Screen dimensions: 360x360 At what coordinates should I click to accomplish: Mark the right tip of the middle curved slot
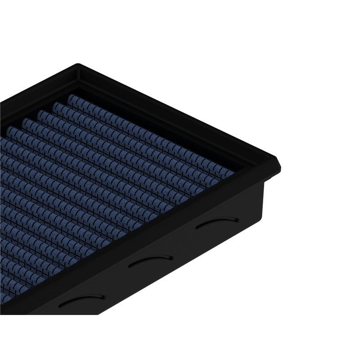pos(171,257)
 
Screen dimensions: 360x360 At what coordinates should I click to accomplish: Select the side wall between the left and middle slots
pos(115,281)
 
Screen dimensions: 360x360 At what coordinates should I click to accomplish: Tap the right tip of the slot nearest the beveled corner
pos(238,219)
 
